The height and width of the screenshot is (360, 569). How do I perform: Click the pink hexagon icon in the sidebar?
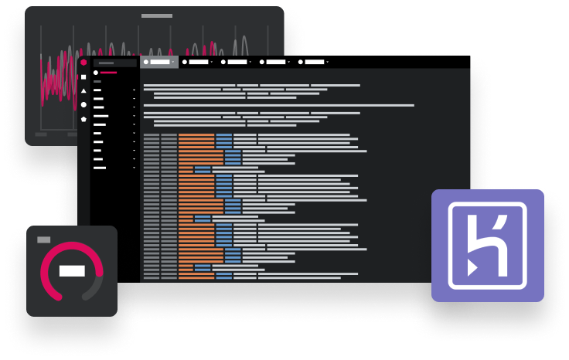(83, 63)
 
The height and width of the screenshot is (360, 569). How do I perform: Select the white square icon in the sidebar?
(83, 77)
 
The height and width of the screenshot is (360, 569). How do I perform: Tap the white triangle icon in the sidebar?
(83, 91)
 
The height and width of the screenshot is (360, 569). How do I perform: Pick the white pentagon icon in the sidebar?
(83, 119)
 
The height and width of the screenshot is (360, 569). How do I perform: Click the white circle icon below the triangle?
(83, 105)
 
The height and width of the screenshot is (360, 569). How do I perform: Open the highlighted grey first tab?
(159, 61)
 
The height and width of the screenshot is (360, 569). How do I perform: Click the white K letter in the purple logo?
(488, 245)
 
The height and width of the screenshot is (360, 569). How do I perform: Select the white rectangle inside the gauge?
(72, 270)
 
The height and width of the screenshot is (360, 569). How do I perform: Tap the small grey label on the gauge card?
(44, 240)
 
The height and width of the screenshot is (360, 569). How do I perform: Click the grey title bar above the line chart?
(157, 15)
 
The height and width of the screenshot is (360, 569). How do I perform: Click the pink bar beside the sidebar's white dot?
(109, 73)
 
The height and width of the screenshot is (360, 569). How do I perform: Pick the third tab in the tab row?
(237, 61)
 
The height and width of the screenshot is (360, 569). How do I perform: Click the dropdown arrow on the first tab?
(172, 61)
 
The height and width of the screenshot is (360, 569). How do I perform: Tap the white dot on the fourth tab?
(262, 61)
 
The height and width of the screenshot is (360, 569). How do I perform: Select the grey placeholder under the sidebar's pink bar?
(97, 80)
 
